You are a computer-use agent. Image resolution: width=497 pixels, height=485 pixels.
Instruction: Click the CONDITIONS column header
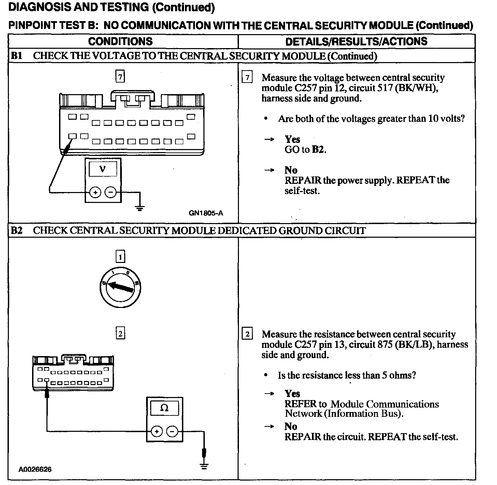coord(120,42)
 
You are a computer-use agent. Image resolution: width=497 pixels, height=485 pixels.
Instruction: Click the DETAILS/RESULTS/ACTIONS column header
coord(356,42)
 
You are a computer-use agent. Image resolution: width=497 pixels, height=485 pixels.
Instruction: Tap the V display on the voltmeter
coord(102,169)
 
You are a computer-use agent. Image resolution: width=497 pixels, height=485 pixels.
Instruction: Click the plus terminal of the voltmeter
coord(95,192)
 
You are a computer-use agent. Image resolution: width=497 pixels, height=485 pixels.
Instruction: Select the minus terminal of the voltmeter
coord(110,192)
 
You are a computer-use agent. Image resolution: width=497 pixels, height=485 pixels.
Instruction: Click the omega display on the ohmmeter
coord(164,408)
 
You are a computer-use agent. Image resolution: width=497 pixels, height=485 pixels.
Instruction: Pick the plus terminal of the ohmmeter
coord(157,431)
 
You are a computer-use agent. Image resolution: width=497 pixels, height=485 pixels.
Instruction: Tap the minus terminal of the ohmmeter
coord(172,431)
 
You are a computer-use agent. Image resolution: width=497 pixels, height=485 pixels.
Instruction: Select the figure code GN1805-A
coord(206,213)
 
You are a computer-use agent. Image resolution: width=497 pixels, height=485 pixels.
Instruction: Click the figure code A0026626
coord(35,469)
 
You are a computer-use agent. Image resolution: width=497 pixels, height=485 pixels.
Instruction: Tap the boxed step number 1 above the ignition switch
coord(120,256)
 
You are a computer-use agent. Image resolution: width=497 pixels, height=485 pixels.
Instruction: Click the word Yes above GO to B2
coord(292,139)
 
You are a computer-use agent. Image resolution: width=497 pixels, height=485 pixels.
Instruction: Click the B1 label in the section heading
coord(16,56)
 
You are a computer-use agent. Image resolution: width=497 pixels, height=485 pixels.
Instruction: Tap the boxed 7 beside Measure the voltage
coord(247,78)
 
